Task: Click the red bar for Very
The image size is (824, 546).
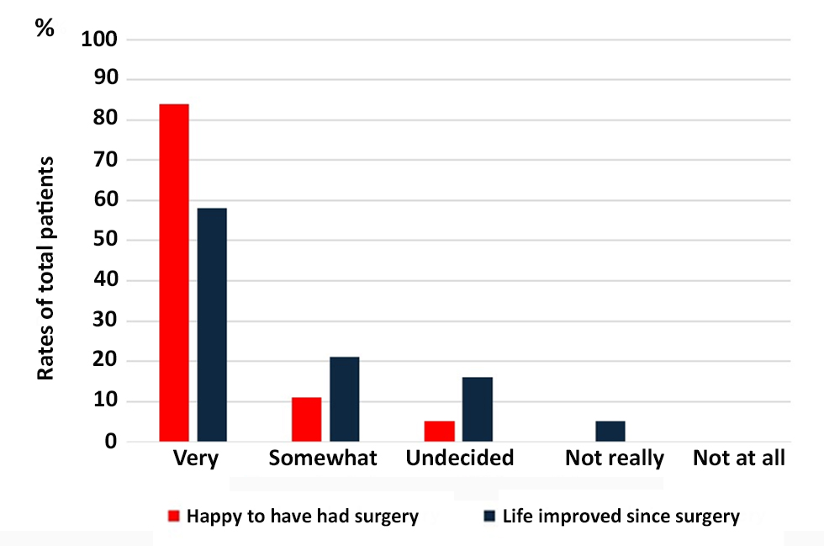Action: (x=173, y=273)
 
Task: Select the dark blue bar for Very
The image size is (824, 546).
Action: (x=212, y=325)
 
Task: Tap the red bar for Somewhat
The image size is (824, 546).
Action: (x=306, y=419)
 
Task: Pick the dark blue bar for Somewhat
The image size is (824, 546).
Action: (x=344, y=399)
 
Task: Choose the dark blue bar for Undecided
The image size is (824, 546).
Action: (x=477, y=409)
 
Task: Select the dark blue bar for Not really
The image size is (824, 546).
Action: (x=610, y=431)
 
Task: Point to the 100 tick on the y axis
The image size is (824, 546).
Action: (x=102, y=40)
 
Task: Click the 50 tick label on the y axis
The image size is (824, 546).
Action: (x=108, y=241)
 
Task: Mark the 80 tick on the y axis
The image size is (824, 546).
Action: (x=108, y=119)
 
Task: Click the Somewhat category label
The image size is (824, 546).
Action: (x=323, y=459)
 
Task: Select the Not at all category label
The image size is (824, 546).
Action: (x=739, y=459)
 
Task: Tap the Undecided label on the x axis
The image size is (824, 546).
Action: (x=459, y=459)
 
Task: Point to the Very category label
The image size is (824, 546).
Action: (x=195, y=459)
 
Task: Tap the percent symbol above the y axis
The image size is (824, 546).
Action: (x=44, y=28)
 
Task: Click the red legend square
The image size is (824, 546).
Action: (x=175, y=516)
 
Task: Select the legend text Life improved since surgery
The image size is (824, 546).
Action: (x=621, y=516)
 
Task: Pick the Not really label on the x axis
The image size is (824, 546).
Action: (x=614, y=459)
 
